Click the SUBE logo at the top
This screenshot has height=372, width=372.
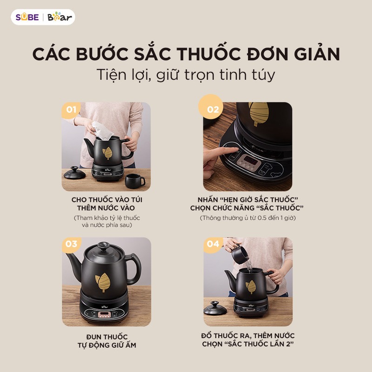[27, 17]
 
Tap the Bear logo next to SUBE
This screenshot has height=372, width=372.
[60, 17]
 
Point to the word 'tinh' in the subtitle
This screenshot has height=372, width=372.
[232, 74]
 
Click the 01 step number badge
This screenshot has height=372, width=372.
[71, 110]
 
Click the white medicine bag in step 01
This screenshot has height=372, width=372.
[102, 131]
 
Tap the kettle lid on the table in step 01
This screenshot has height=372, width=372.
[74, 173]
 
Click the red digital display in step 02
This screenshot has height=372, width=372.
[251, 159]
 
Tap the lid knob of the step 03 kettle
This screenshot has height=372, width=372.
[103, 246]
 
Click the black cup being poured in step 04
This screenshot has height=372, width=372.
[240, 254]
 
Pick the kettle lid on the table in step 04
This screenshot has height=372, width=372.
[215, 308]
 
